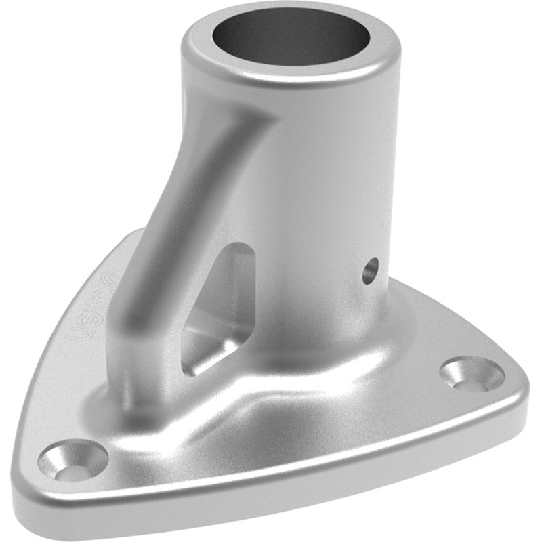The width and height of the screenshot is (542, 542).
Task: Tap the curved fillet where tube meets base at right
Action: click(400, 339)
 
